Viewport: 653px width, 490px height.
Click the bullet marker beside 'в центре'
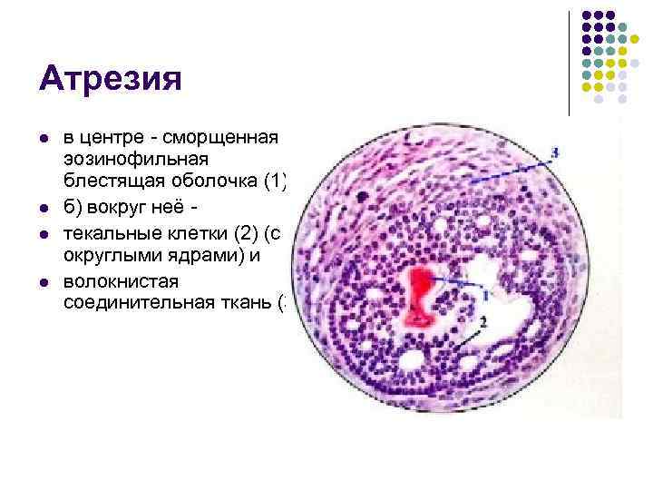(x=44, y=139)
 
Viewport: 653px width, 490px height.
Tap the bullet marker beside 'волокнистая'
(x=44, y=281)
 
